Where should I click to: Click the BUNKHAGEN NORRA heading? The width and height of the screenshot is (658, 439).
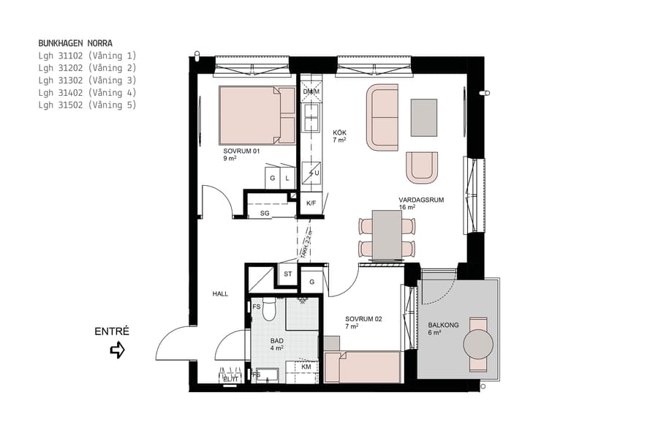click(75, 43)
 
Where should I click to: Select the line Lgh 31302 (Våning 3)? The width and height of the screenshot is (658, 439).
click(87, 80)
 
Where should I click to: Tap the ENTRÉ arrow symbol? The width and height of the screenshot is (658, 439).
click(117, 350)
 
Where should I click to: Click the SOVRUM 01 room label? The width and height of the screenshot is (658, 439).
click(241, 151)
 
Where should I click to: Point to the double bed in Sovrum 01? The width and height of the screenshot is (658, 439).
click(257, 115)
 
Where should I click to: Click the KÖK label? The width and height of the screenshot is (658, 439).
click(339, 132)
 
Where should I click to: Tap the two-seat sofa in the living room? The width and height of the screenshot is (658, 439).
click(383, 117)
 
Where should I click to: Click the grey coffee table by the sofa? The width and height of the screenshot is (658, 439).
click(424, 117)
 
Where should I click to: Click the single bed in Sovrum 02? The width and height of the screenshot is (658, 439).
click(363, 367)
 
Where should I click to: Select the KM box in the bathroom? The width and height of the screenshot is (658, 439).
click(306, 367)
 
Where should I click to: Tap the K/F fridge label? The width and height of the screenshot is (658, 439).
click(311, 203)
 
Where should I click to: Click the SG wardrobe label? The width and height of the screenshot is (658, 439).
click(265, 213)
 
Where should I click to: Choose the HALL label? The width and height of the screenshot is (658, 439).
click(220, 293)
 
